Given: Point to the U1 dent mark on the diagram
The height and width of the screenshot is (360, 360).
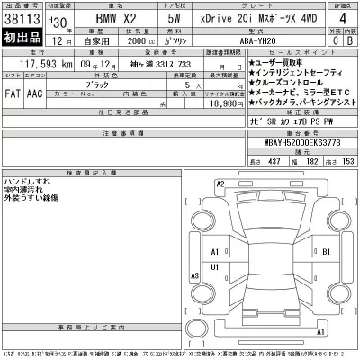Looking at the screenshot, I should (213, 268).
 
